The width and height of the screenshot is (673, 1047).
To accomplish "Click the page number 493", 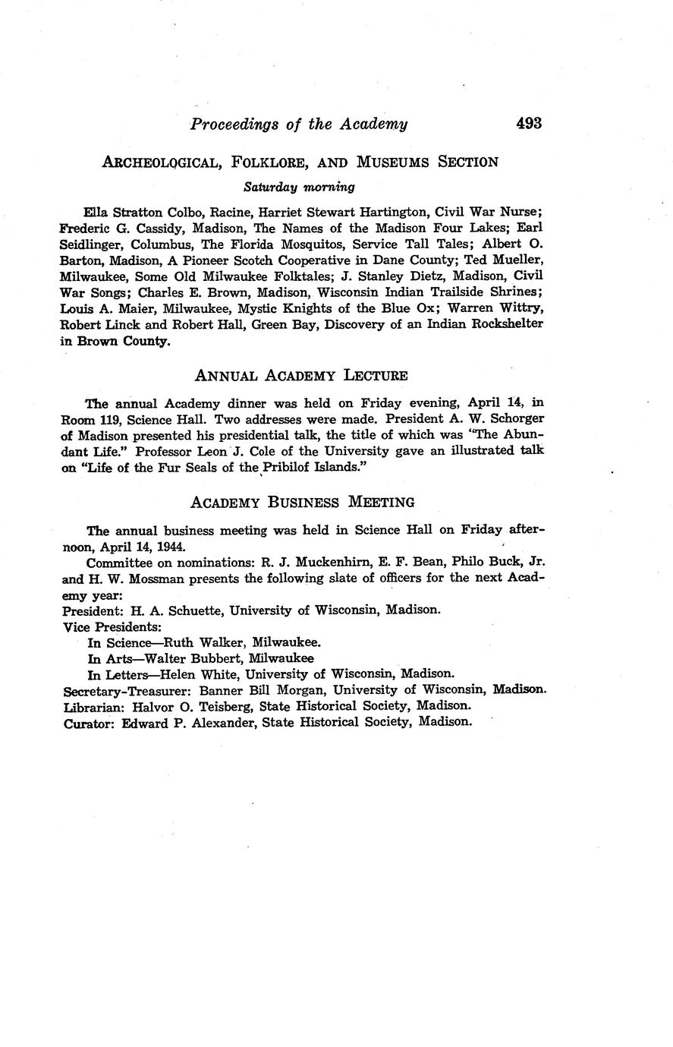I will pos(528,123).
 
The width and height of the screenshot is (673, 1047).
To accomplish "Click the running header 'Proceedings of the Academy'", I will pos(299,124).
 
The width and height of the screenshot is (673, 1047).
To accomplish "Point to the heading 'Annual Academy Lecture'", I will pos(301,375).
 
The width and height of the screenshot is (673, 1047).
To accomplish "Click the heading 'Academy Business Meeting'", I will pos(302,502).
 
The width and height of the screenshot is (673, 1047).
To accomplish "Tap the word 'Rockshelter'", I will pos(503,324).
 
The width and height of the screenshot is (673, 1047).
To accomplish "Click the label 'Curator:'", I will pos(89,722).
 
